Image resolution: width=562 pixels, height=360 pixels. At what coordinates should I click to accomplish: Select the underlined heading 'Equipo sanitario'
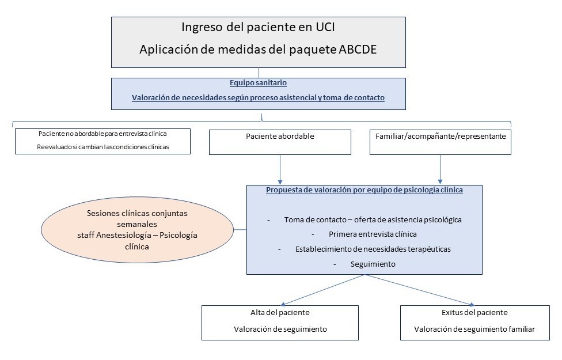[258, 83]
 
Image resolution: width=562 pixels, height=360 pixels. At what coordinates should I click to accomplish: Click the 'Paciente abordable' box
[280, 142]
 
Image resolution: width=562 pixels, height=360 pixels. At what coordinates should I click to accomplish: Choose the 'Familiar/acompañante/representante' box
[441, 142]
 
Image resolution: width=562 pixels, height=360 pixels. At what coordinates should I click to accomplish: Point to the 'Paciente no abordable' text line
[102, 134]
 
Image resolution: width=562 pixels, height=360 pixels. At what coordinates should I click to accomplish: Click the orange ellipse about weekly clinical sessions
[137, 229]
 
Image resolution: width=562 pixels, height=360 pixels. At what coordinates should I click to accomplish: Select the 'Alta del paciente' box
[280, 323]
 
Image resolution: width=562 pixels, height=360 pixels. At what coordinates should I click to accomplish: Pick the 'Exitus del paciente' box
[474, 323]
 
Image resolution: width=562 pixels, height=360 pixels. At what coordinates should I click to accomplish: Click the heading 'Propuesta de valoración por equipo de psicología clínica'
[364, 190]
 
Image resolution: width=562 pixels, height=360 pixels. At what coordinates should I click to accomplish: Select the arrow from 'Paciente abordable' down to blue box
[280, 169]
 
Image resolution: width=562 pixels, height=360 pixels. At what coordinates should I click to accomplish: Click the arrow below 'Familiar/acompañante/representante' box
[441, 169]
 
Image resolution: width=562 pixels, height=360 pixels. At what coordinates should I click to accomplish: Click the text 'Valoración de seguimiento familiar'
[474, 329]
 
